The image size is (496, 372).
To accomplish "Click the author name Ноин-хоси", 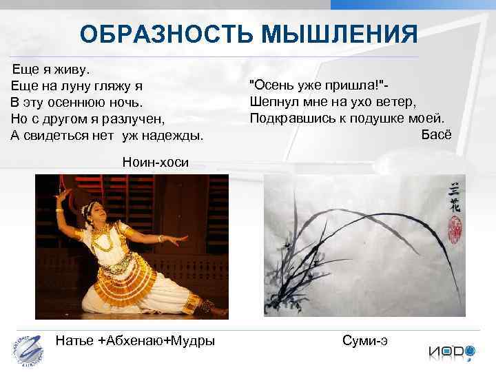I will [154, 161].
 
